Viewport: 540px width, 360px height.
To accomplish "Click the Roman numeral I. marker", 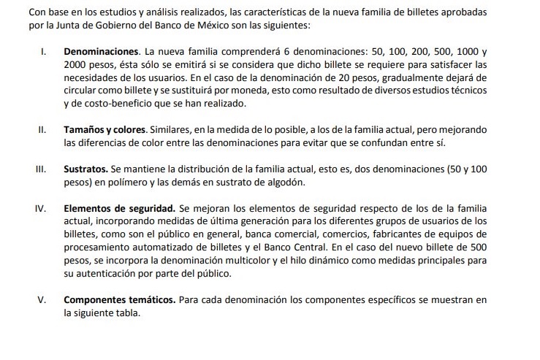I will point(43,53).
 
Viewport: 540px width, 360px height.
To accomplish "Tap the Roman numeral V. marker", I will point(42,299).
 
